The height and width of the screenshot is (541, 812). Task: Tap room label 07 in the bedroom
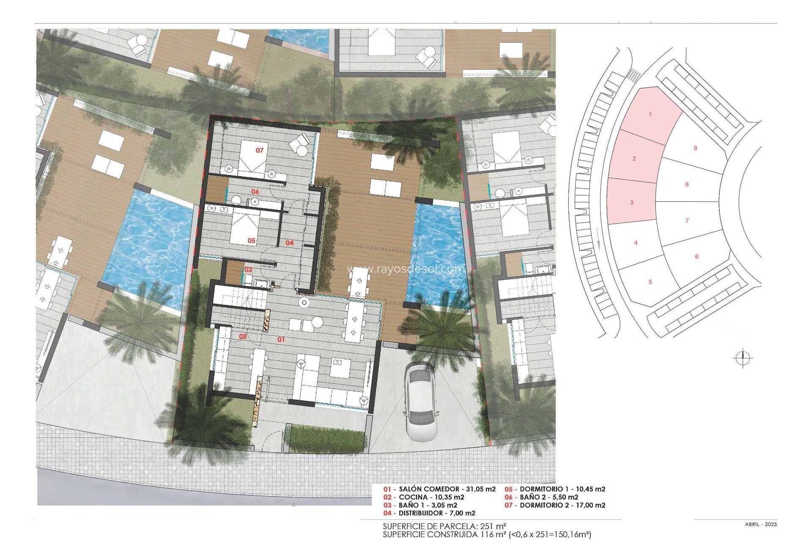pyautogui.click(x=260, y=150)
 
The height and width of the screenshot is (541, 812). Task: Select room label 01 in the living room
pyautogui.click(x=281, y=339)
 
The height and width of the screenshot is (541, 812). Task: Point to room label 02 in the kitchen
pyautogui.click(x=243, y=336)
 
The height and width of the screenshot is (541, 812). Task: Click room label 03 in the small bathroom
pyautogui.click(x=248, y=270)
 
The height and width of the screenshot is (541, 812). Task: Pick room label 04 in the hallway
pyautogui.click(x=289, y=243)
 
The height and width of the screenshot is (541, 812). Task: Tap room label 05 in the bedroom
pyautogui.click(x=252, y=240)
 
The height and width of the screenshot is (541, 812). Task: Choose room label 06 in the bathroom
pyautogui.click(x=255, y=191)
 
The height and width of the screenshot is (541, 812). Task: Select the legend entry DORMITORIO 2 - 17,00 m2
pyautogui.click(x=555, y=505)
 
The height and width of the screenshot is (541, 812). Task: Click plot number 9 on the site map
pyautogui.click(x=695, y=148)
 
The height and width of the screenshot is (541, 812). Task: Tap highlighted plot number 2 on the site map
pyautogui.click(x=634, y=158)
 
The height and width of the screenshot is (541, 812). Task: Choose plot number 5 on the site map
pyautogui.click(x=650, y=282)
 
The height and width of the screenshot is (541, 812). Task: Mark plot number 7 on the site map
pyautogui.click(x=687, y=220)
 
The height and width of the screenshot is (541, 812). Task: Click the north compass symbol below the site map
pyautogui.click(x=743, y=359)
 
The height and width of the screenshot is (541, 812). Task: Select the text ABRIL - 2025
pyautogui.click(x=761, y=525)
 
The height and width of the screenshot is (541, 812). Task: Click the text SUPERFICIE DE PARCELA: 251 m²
pyautogui.click(x=444, y=526)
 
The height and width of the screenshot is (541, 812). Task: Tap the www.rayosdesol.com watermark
pyautogui.click(x=405, y=269)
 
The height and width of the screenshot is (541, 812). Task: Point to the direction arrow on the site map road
pyautogui.click(x=599, y=244)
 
